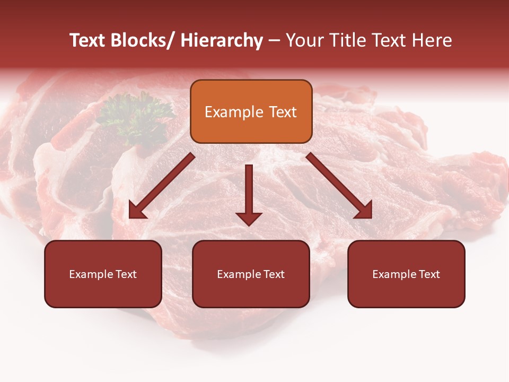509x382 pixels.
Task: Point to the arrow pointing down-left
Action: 162,186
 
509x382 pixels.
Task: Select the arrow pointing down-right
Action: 339,186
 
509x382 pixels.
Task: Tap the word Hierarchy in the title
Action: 222,40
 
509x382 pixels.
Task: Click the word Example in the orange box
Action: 234,112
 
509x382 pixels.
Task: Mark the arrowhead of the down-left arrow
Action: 137,211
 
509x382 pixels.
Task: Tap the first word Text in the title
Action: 88,40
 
